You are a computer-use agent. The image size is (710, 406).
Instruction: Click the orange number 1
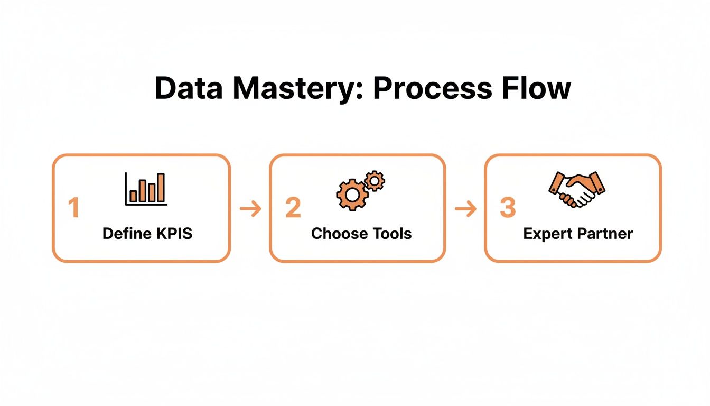(x=73, y=208)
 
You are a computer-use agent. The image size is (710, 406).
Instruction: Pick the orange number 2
(x=293, y=208)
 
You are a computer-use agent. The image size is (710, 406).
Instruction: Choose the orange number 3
(x=507, y=208)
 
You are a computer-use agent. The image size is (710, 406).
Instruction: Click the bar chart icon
(x=146, y=189)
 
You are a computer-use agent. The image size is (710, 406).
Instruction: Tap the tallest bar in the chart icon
(x=161, y=188)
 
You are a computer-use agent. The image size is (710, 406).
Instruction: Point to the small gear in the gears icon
(x=375, y=181)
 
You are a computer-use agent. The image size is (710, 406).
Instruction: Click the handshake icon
(x=577, y=189)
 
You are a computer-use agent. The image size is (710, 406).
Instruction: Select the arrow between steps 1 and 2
(x=250, y=209)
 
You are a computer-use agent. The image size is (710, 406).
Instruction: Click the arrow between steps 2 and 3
(x=465, y=209)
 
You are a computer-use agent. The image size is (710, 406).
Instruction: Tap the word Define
(x=123, y=234)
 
